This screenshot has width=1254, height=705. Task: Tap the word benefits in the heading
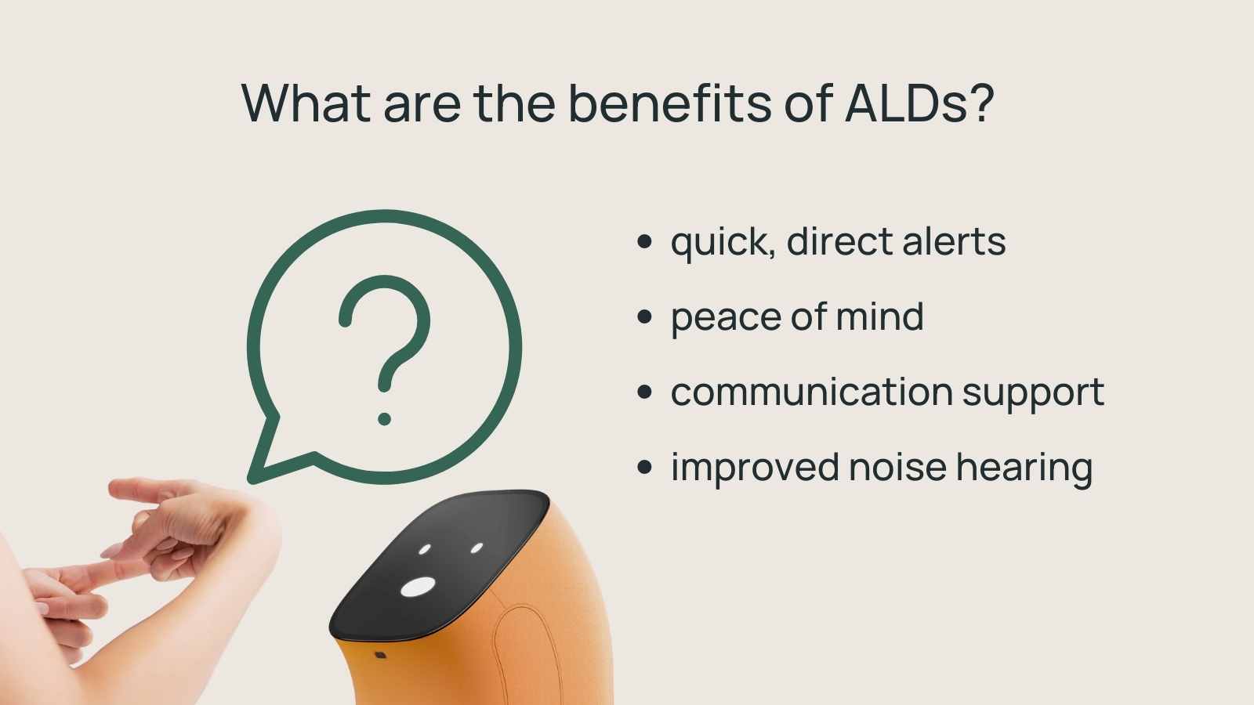670,103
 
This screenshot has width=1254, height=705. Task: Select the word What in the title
306,103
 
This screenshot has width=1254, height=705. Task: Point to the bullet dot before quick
645,241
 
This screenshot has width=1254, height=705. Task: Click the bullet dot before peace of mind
645,316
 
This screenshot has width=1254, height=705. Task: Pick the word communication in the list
810,392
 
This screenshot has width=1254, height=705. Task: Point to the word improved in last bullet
755,468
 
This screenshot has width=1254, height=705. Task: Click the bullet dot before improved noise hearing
645,468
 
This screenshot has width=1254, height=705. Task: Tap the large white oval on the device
418,587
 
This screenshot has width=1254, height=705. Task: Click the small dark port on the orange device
380,654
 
